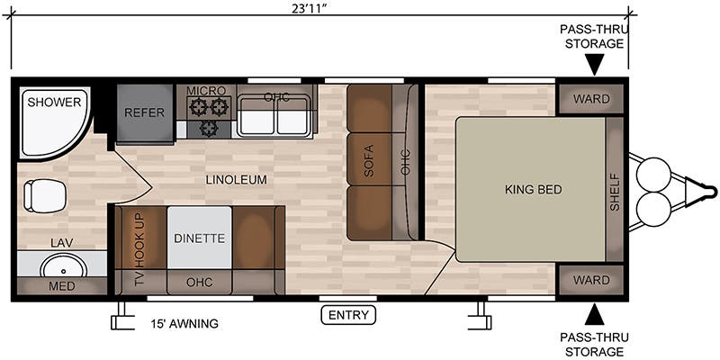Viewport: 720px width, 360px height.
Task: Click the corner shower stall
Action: (x=51, y=122)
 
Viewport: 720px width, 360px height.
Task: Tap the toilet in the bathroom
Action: (x=44, y=196)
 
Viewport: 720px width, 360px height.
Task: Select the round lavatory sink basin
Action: (x=63, y=265)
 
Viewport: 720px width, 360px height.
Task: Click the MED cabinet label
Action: (x=62, y=286)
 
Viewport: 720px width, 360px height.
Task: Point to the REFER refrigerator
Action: (x=145, y=113)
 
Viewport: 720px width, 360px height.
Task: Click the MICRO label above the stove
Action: (x=206, y=91)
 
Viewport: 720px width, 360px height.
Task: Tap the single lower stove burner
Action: (x=209, y=128)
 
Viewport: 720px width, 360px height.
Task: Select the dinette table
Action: (x=199, y=238)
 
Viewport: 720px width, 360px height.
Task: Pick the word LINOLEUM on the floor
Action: (x=236, y=179)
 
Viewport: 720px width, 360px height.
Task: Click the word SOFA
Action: (x=369, y=161)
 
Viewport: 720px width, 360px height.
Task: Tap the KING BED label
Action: (x=533, y=189)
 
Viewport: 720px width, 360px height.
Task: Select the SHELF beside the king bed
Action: (x=615, y=189)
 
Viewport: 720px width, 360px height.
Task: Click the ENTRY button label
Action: (x=348, y=315)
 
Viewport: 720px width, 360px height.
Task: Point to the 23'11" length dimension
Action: (x=311, y=10)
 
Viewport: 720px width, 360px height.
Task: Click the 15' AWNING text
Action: (x=184, y=324)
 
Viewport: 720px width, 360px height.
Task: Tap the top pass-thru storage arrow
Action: (x=594, y=64)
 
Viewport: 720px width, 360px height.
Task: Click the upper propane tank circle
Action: (x=653, y=172)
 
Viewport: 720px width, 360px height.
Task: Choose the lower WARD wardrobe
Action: (x=591, y=280)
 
